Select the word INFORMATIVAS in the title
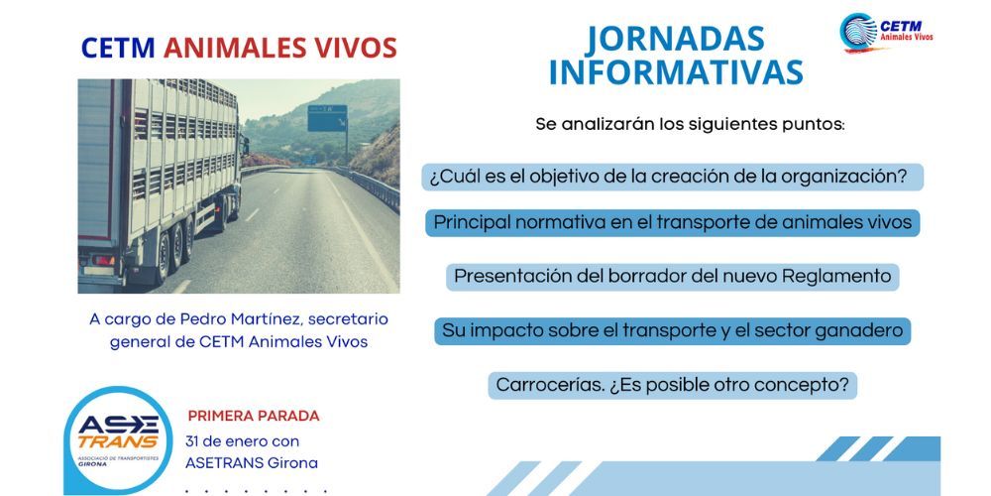click(675, 72)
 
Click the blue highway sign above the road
click(326, 118)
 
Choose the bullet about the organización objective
click(668, 178)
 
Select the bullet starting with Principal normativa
click(673, 223)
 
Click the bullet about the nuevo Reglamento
click(673, 277)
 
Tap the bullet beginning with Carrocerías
click(673, 385)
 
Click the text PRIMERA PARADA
click(254, 416)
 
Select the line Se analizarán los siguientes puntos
click(690, 125)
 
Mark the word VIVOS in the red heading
click(363, 48)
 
